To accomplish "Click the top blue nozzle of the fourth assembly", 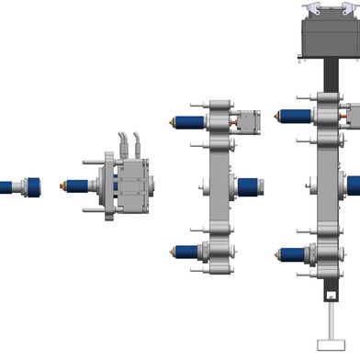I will point(294,115).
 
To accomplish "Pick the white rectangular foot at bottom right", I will point(329,343).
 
